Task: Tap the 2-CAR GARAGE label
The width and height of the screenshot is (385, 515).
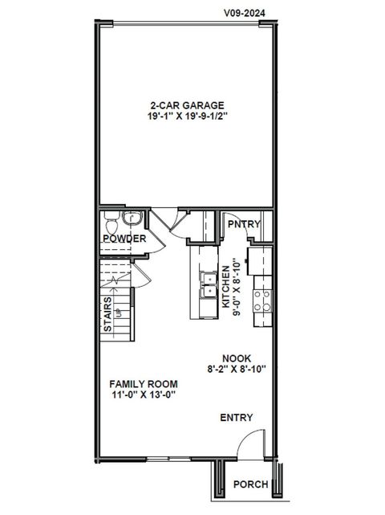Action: [186, 105]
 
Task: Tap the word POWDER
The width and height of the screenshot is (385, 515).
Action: [124, 239]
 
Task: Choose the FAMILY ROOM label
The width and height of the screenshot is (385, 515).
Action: [144, 384]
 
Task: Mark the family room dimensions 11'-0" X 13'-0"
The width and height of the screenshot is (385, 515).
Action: [144, 396]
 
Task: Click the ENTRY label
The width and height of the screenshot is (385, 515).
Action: [236, 418]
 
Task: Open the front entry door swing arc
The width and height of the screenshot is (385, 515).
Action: [251, 443]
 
